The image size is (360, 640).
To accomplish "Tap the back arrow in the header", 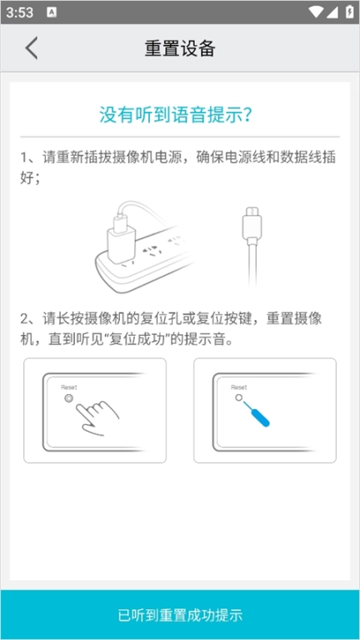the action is point(32,47).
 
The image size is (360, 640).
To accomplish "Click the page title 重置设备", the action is point(180,48).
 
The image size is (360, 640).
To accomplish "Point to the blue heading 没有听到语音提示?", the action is point(176,115).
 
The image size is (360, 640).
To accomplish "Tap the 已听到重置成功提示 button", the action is point(180,615).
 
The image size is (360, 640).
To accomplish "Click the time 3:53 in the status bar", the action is point(20,12).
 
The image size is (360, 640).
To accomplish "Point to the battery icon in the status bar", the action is point(349,12).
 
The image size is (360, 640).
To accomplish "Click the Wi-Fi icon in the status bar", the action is point(316,12).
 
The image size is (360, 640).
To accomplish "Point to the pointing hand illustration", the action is point(98,416).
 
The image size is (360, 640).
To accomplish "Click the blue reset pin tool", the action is point(257,413).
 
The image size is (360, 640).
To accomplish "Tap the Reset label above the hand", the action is point(69,387).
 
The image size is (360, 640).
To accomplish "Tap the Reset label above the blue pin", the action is point(239,387).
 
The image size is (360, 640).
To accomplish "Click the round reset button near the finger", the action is point(69,398).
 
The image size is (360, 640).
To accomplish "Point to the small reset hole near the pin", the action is point(239,397).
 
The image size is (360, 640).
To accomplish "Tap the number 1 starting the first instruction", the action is point(24,158).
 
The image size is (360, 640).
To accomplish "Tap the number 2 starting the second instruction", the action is point(24,319).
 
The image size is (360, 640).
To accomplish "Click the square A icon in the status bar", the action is point(52,12).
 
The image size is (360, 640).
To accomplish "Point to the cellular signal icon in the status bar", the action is point(332,12).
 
